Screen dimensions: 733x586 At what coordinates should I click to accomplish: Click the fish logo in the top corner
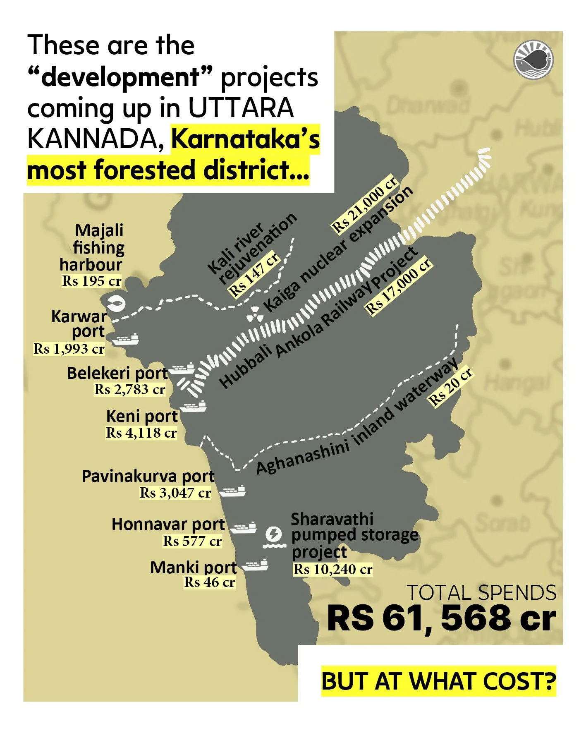pos(533,60)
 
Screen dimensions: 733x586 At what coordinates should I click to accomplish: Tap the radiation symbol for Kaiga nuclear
pos(255,315)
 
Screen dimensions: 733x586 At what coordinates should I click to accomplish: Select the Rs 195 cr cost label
pos(91,281)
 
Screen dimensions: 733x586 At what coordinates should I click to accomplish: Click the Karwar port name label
pos(79,324)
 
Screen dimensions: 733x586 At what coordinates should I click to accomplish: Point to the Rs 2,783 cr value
pos(130,389)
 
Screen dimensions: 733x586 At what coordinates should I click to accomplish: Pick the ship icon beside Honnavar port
pos(243,527)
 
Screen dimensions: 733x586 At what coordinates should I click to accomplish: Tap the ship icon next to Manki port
pos(255,565)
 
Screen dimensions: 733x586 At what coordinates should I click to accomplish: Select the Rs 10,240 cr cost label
pos(333,569)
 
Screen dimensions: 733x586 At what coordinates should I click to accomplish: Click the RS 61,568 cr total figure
pos(441,618)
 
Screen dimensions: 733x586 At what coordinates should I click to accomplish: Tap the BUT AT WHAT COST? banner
pos(438,681)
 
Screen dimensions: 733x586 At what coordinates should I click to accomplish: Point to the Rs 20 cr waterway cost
pos(451,386)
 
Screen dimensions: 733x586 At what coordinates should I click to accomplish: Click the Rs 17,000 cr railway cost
pos(399,285)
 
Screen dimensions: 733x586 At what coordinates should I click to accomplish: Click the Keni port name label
pos(142,416)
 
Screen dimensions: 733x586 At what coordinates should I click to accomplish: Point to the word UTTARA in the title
pos(241,108)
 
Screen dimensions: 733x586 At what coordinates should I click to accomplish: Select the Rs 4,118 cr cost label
pos(141,433)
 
